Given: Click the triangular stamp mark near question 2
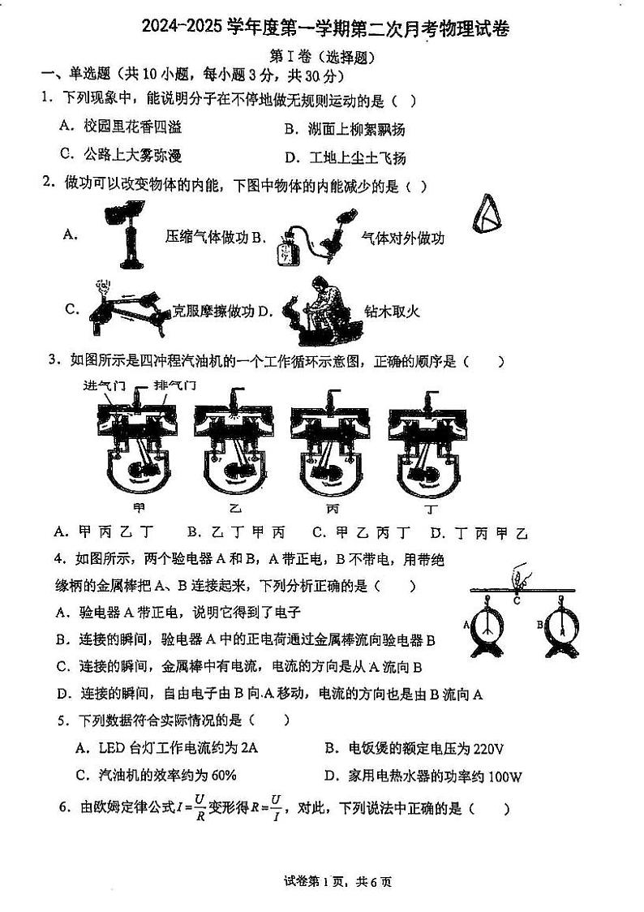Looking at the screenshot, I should (487, 215).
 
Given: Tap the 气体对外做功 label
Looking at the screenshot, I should (402, 237).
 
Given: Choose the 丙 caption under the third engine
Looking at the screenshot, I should (333, 509).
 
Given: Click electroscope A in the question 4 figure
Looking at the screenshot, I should (487, 627).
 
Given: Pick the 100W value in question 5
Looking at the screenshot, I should (506, 776).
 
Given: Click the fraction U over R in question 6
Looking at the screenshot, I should (200, 808).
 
